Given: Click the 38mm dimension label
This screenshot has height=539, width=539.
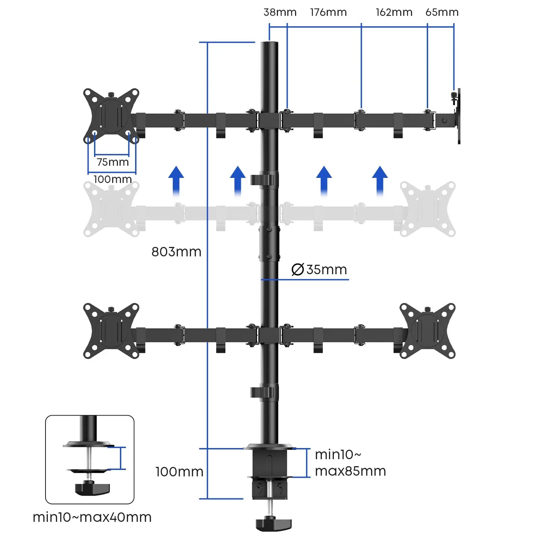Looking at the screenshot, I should coord(280,12).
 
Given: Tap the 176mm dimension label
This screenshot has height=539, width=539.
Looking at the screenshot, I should coord(328,12).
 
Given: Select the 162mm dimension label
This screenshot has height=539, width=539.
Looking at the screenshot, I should coord(394,12).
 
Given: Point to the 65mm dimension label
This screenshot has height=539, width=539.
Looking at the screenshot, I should coord(442,12).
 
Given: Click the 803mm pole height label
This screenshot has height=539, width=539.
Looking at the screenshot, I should coord(176,252).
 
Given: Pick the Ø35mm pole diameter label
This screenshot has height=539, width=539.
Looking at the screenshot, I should coord(319,269).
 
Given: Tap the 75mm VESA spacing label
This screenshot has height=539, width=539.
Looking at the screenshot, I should coord(113,162).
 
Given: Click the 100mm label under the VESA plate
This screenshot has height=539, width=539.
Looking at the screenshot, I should coord(113,179).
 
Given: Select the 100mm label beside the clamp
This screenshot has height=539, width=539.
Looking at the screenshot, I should coord(179,472).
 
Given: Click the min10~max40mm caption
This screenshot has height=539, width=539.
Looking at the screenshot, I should coord(92,517).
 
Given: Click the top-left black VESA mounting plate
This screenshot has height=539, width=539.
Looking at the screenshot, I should coord(111,116).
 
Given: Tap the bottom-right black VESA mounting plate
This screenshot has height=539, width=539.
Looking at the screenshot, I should coord(427,331).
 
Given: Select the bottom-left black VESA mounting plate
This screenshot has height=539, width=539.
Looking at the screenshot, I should coord(111,331).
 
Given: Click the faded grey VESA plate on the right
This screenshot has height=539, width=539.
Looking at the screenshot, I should coord(427,209).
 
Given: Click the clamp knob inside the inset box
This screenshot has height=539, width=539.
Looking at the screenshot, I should coord(92,488).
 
